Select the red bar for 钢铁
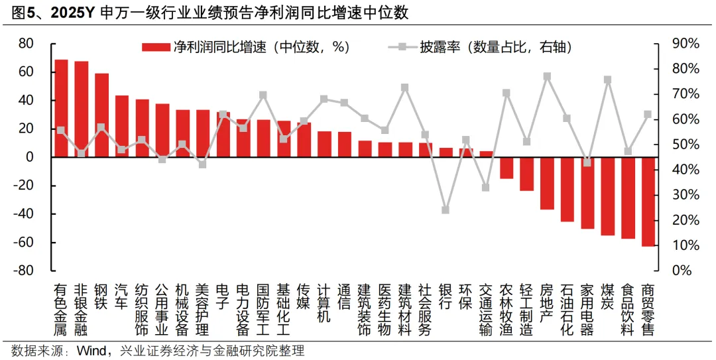pos(101,115)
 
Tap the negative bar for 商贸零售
pos(648,202)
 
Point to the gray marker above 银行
pos(446,210)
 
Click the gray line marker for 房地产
pos(547,77)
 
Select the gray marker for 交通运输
pos(486,188)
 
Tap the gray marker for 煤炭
pos(607,80)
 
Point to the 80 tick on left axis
pos(26,44)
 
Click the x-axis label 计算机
pos(324,303)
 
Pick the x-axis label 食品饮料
pos(627,310)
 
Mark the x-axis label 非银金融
pos(81,310)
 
